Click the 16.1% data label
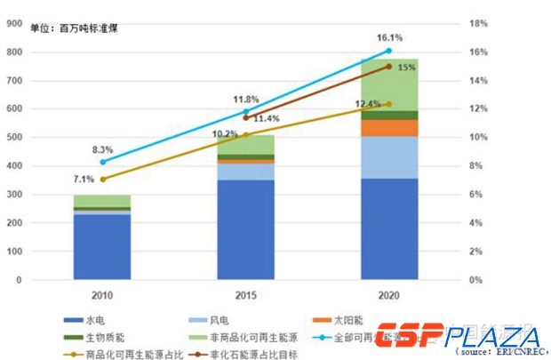point(390,38)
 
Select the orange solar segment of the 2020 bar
point(388,128)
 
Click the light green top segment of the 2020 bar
point(388,85)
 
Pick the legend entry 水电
point(96,319)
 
